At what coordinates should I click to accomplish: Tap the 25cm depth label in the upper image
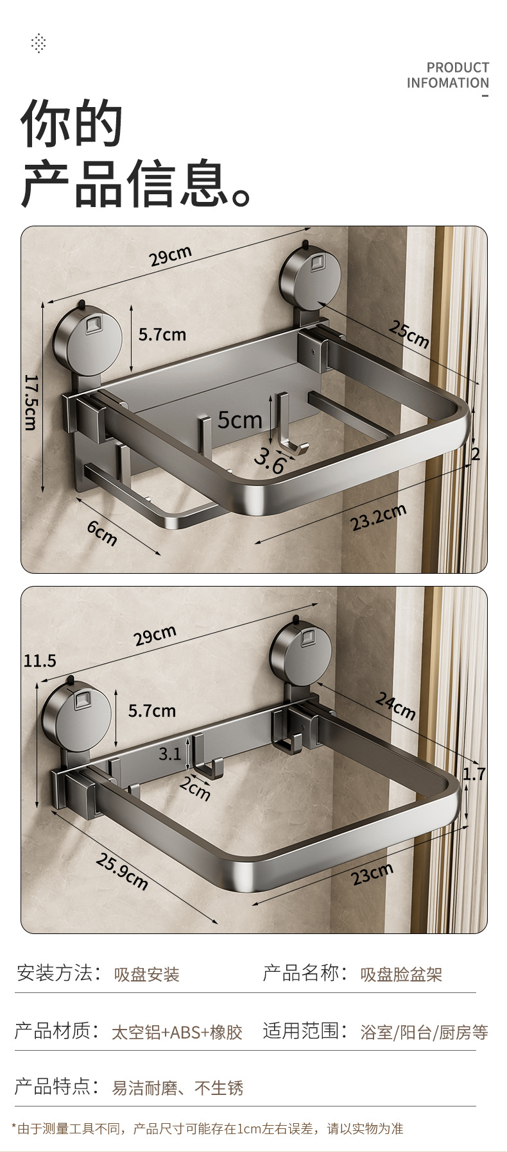coord(408,334)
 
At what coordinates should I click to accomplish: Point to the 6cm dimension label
coord(102,532)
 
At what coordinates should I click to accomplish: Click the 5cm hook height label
coord(239,420)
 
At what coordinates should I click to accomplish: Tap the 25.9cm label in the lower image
coord(122,872)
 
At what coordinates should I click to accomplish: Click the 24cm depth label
coord(395,706)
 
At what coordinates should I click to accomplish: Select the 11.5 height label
coord(40,660)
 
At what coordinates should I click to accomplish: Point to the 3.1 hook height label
coord(170,754)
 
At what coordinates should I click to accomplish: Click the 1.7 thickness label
coord(474,774)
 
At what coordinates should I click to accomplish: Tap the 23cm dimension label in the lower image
coord(372,874)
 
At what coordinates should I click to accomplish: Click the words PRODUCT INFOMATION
coord(448,76)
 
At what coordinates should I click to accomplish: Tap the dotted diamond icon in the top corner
coord(39,44)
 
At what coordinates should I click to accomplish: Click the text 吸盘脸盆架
coord(401,975)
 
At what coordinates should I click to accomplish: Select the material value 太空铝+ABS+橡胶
coord(177,1032)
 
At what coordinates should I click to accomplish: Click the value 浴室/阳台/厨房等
coord(424,1032)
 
